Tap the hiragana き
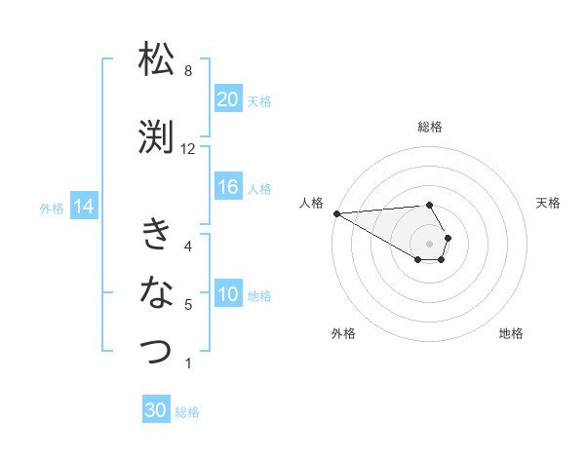[156, 234]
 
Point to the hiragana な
[156, 291]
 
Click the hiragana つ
[156, 350]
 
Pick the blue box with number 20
[228, 99]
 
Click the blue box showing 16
[228, 188]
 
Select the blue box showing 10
[228, 295]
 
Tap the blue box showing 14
[84, 207]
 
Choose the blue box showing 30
[156, 410]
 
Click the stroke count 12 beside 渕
[188, 149]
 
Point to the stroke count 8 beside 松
[188, 71]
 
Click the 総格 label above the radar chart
[430, 127]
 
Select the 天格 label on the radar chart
[549, 203]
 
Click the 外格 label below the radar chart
[343, 333]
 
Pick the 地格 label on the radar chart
[511, 333]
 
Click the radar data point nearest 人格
[336, 213]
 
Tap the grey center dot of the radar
[430, 242]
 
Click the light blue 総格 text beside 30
[188, 412]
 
